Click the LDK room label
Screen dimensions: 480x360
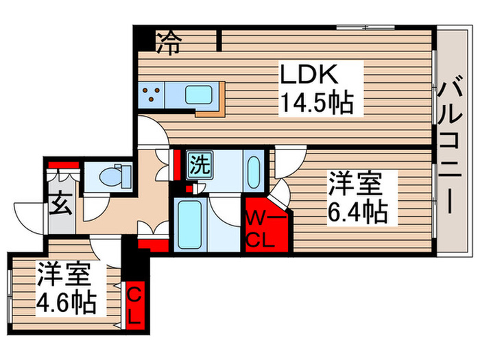tap(309, 74)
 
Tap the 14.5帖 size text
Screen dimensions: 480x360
tap(317, 103)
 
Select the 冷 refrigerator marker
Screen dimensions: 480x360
tap(169, 43)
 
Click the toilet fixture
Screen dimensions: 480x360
tap(115, 176)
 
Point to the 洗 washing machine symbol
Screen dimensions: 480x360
tap(200, 165)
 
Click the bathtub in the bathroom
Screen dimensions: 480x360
tap(190, 224)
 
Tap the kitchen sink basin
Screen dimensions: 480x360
tap(198, 95)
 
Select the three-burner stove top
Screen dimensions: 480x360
tap(152, 95)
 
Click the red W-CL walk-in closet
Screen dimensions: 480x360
tap(266, 226)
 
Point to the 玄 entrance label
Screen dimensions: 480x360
tap(61, 203)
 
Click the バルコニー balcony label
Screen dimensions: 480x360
tap(449, 143)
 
